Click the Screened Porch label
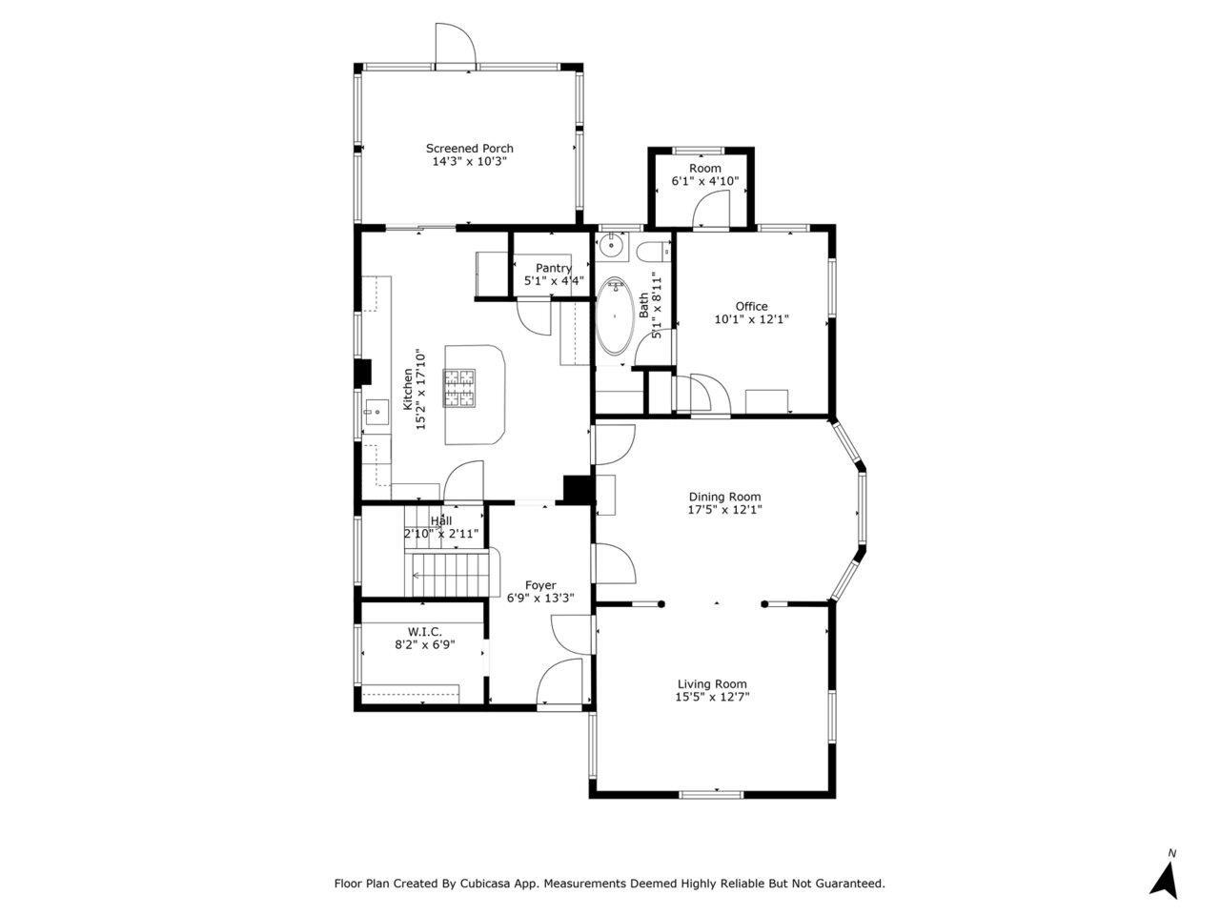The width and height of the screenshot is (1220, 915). click(x=469, y=149)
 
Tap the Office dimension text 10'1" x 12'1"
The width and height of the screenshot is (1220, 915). click(x=751, y=319)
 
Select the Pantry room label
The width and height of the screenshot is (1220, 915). click(x=554, y=269)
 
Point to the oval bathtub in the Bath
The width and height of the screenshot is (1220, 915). click(x=614, y=316)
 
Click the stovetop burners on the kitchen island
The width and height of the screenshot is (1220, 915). click(x=459, y=387)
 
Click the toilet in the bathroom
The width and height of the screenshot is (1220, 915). click(x=654, y=253)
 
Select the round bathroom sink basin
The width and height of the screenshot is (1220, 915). click(x=610, y=244)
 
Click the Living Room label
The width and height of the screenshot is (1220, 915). click(x=712, y=684)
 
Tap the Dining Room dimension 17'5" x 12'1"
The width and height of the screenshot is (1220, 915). click(x=724, y=510)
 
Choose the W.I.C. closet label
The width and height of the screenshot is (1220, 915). click(x=425, y=632)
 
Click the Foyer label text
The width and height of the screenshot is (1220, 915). click(x=540, y=585)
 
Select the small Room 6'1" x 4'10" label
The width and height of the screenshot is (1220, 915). click(x=705, y=168)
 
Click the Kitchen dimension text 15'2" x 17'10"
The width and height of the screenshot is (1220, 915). click(x=420, y=390)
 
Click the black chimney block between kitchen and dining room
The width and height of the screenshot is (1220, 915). click(x=579, y=490)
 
